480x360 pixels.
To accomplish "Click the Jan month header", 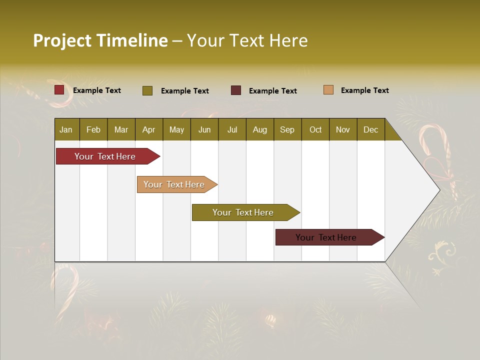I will pos(66,130).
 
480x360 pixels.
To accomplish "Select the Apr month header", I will pos(148,130).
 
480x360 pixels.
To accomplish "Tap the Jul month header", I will pos(232,130).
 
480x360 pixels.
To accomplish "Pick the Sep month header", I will pos(287,130).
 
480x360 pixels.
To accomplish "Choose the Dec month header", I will pos(370,130).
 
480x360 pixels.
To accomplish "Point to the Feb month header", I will pos(93,130).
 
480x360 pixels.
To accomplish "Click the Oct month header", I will pos(315,130).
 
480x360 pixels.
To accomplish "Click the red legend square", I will pos(59,90).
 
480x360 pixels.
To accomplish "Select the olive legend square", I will pos(147,90).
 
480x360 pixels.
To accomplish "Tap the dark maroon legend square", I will pos(236,90).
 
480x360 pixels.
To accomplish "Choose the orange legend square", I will pos(328,90).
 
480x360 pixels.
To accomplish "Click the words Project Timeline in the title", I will pos(100,40).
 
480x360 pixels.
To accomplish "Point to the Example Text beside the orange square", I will pos(364,90).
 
